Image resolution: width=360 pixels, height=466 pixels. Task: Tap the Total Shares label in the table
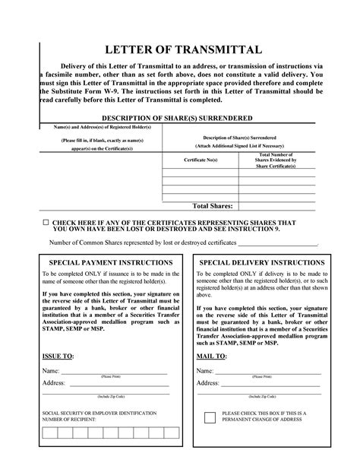point(212,205)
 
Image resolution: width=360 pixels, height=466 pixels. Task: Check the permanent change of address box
point(210,417)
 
